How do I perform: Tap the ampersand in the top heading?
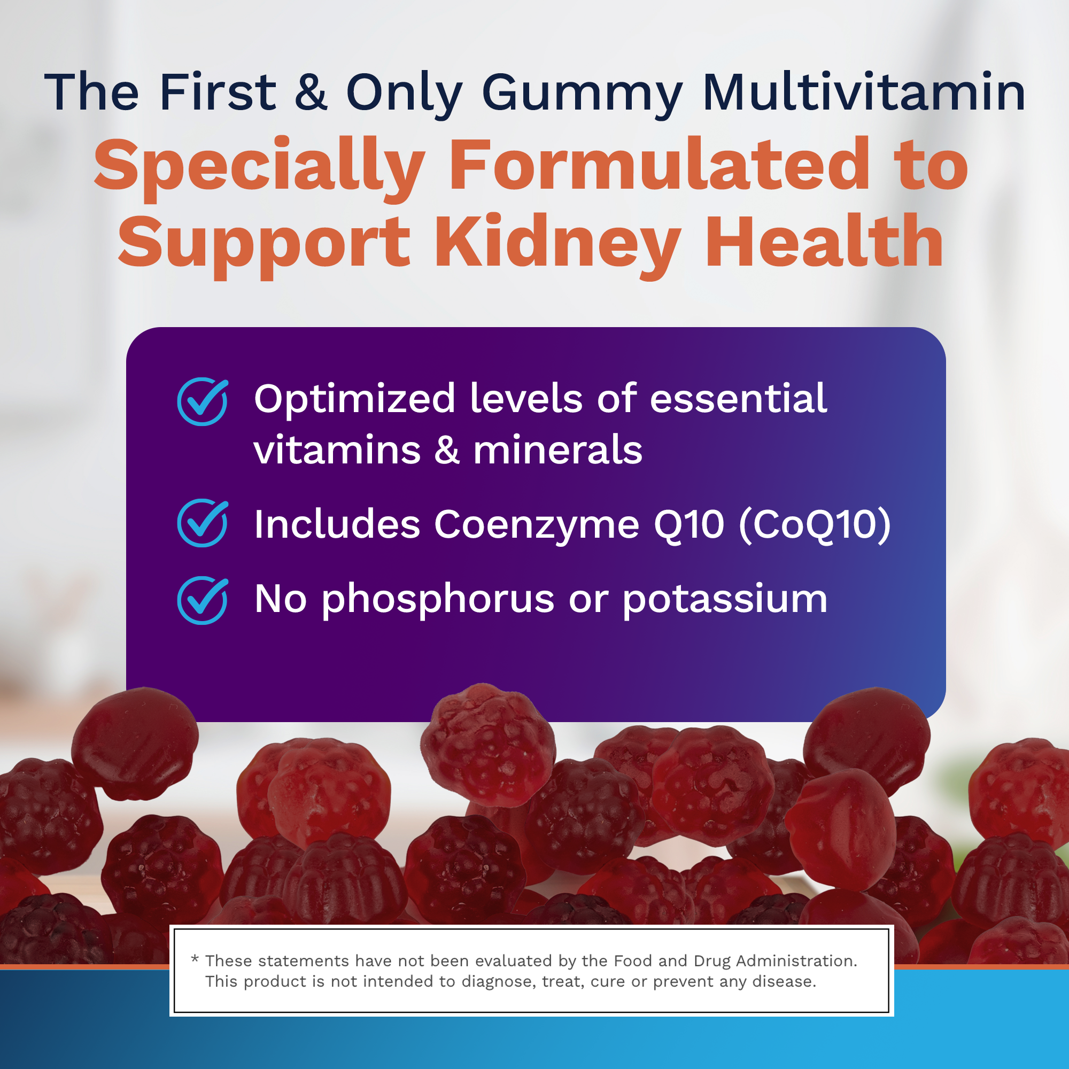(311, 91)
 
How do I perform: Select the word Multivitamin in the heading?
(864, 91)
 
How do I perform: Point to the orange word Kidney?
(557, 244)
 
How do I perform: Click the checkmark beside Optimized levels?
(203, 401)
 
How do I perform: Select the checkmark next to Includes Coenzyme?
(203, 523)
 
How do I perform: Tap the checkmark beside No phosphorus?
(203, 600)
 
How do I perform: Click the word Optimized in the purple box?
(355, 400)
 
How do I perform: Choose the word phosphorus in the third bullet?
(438, 600)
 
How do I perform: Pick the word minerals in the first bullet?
(557, 450)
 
